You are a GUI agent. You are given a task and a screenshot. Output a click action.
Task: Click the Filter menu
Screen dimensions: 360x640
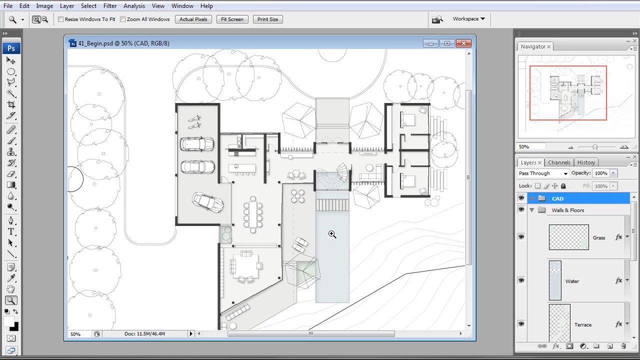(110, 6)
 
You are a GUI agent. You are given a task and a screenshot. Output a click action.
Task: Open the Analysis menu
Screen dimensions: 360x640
(134, 6)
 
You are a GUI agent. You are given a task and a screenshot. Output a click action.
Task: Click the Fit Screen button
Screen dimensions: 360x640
(232, 19)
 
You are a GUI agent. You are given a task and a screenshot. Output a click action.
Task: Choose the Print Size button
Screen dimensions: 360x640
(267, 19)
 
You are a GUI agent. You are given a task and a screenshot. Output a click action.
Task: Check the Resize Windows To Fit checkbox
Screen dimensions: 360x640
(61, 19)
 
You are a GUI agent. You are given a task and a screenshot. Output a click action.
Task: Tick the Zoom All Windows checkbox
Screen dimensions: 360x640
(123, 19)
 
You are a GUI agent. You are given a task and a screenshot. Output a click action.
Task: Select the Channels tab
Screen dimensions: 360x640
(559, 162)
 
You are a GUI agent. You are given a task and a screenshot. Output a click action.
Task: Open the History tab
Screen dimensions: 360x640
(586, 162)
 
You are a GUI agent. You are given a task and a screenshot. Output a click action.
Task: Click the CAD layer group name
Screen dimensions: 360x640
(557, 198)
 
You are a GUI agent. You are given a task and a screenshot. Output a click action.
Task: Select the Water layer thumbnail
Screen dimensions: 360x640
(555, 280)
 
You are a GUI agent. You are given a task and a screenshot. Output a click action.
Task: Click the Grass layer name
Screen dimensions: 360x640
(599, 237)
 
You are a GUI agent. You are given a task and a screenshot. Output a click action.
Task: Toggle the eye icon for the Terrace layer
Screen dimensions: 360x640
(521, 324)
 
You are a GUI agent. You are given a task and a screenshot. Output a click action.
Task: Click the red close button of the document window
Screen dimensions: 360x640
(463, 43)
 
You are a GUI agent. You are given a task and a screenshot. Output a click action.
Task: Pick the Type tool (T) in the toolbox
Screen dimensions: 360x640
(11, 231)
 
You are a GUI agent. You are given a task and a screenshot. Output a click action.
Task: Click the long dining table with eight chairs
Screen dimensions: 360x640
(253, 214)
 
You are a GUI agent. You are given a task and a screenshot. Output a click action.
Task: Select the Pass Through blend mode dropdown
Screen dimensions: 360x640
(543, 173)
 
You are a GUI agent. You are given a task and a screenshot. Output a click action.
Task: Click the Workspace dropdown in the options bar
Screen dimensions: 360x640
(468, 19)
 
